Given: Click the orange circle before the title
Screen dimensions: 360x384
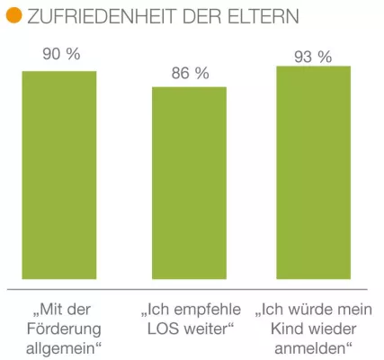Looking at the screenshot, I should click(13, 17).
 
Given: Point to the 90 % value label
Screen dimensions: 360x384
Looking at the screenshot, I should click(60, 55).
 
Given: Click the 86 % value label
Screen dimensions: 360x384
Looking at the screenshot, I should click(190, 73).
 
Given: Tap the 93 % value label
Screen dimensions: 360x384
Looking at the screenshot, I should click(313, 57).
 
